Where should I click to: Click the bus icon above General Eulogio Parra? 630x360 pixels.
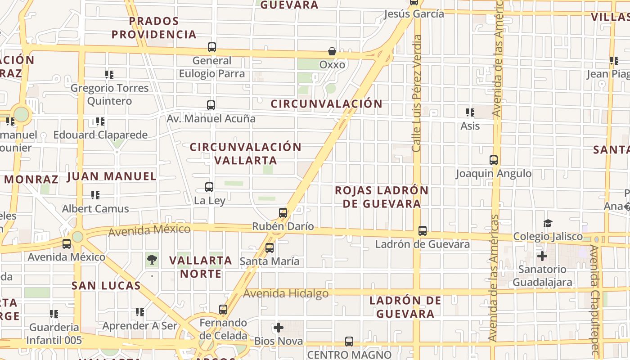tap(211, 47)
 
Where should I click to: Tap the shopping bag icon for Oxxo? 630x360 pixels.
tap(332, 51)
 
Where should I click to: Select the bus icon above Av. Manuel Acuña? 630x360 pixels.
tap(211, 105)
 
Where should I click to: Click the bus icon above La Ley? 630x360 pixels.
tap(209, 187)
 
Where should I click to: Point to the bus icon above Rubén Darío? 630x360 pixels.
tap(283, 213)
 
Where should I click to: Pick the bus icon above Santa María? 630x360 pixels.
tap(270, 248)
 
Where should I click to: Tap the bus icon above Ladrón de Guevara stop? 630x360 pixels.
tap(423, 231)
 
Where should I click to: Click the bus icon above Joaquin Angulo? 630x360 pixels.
tap(494, 160)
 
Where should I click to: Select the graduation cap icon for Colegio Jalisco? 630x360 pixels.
tap(548, 223)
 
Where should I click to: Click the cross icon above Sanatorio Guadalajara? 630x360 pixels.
tap(542, 256)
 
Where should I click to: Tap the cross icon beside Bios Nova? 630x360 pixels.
tap(279, 328)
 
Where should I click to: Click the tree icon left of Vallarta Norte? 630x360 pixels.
tap(152, 259)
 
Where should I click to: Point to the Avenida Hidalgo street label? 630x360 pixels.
tap(286, 294)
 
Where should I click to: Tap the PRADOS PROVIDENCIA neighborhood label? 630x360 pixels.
tap(154, 27)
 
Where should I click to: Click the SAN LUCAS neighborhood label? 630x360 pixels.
tap(106, 285)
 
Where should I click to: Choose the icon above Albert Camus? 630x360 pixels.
tap(95, 195)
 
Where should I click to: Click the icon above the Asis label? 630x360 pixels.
tap(470, 112)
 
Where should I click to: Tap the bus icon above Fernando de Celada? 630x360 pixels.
tap(223, 310)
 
